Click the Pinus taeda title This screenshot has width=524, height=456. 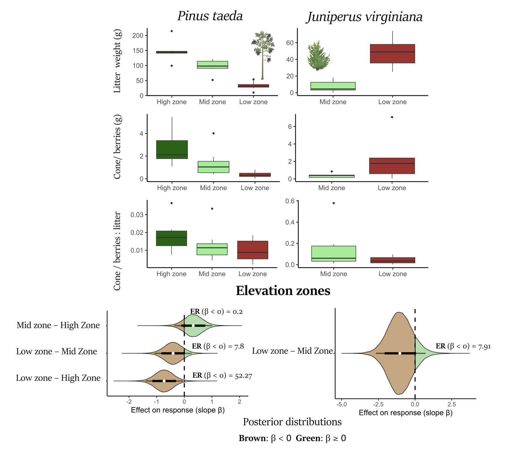click(x=210, y=16)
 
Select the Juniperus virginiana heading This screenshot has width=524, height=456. click(x=365, y=17)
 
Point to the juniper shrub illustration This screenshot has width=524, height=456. click(x=318, y=56)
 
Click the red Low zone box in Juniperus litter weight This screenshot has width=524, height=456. click(x=392, y=54)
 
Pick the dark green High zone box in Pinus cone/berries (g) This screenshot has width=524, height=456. click(x=172, y=150)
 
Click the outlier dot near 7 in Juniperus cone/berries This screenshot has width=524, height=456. click(x=392, y=117)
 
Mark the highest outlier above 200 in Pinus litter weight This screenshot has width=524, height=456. click(x=172, y=31)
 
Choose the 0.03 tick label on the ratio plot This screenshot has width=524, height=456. click(x=137, y=215)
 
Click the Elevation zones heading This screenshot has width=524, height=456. click(x=283, y=291)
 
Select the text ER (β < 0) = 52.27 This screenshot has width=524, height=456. click(x=222, y=375)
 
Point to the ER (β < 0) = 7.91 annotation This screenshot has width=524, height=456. click(x=463, y=346)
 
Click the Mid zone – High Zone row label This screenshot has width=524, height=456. click(x=58, y=325)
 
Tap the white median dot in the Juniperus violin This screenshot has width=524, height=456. click(x=400, y=353)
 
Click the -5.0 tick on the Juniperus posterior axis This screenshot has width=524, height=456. click(x=341, y=404)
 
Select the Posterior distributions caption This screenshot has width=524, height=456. click(x=292, y=422)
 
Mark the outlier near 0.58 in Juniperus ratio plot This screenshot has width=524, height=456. click(x=334, y=203)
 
